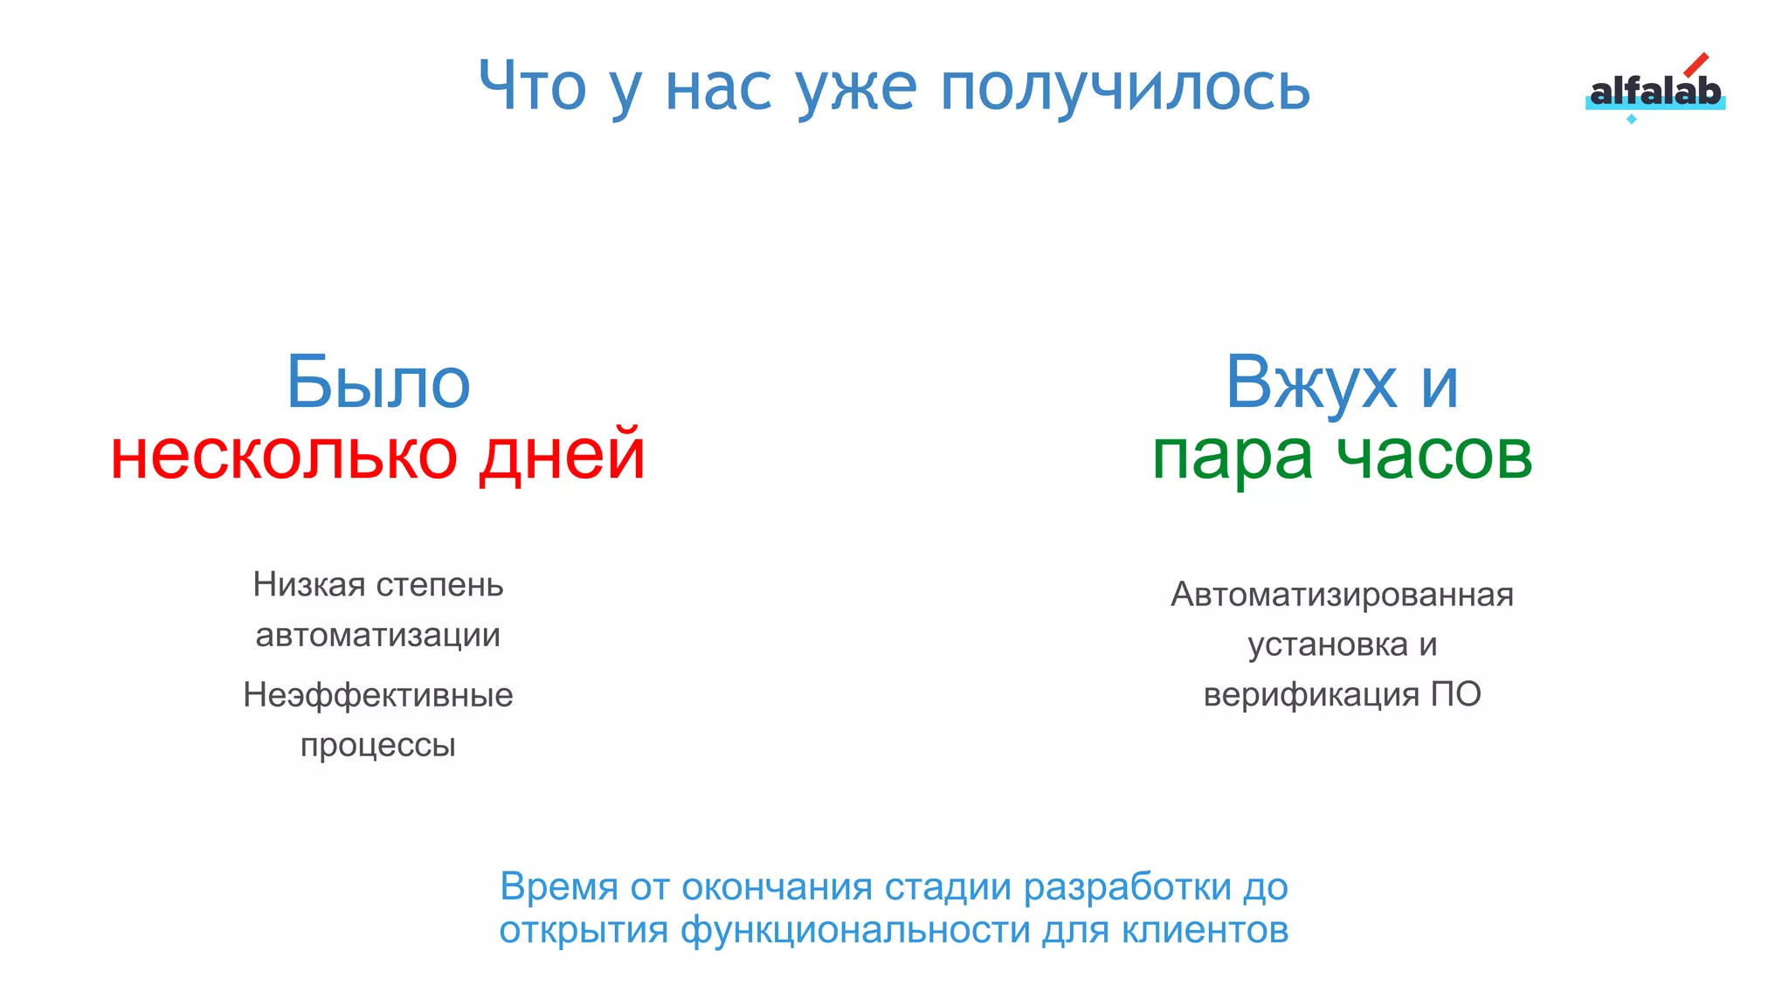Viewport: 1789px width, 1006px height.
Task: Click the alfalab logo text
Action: [1654, 92]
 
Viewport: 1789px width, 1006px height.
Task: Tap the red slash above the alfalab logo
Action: [1696, 65]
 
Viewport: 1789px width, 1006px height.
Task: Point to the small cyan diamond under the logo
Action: [1631, 119]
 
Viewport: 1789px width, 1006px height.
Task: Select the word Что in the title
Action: [532, 86]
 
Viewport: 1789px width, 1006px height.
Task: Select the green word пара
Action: [1232, 456]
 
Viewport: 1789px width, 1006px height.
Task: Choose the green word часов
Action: [1434, 456]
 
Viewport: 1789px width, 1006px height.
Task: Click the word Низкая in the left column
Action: [309, 584]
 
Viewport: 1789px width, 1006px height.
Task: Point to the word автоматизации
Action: [378, 635]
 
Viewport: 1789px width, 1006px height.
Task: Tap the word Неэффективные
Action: [378, 695]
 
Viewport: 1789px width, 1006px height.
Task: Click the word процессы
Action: [378, 746]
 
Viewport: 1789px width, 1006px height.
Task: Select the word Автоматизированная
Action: [1342, 595]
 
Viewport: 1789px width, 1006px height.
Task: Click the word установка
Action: [1328, 644]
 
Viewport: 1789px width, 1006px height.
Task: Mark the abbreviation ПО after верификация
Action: [1455, 694]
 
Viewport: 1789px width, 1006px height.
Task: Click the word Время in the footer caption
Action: [559, 887]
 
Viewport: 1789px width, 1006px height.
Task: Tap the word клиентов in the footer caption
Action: [1205, 930]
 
